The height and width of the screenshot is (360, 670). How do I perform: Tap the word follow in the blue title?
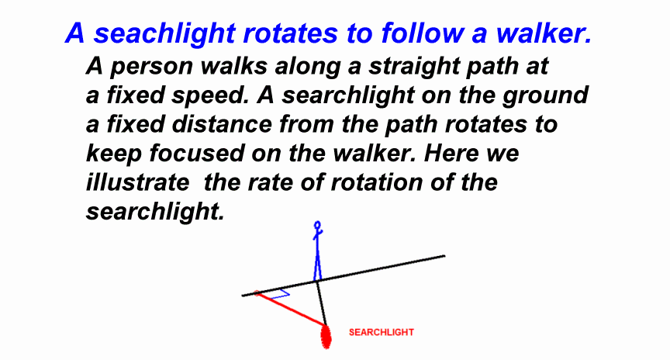click(x=422, y=33)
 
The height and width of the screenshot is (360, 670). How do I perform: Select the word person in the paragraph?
click(x=151, y=67)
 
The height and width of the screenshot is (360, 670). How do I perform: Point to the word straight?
click(x=413, y=67)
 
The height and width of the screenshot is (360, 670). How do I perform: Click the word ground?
click(x=545, y=95)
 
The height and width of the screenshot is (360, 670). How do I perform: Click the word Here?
click(x=450, y=153)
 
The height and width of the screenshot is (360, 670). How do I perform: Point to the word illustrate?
click(x=137, y=182)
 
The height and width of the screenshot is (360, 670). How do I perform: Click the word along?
click(x=308, y=67)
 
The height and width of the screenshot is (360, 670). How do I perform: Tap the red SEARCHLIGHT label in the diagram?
click(x=382, y=332)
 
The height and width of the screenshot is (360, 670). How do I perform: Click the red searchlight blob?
click(x=326, y=336)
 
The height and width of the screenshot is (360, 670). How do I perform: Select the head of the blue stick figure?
click(x=317, y=224)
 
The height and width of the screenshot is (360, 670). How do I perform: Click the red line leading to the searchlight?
click(x=290, y=309)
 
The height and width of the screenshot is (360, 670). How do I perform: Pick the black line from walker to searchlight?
click(x=321, y=303)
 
